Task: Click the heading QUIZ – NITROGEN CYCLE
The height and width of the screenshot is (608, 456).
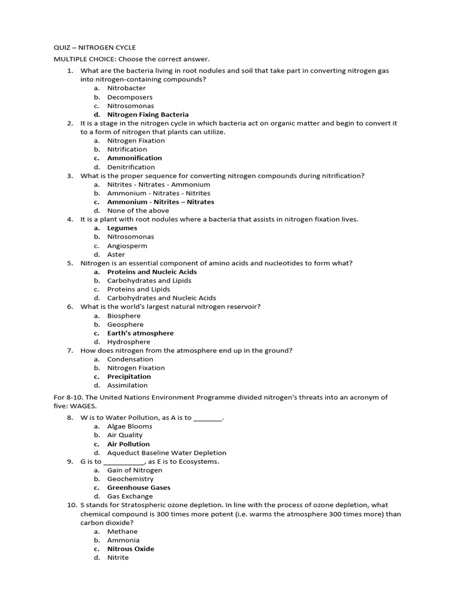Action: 94,47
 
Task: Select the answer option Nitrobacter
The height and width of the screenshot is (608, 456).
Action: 126,88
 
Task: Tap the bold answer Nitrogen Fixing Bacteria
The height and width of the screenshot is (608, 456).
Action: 148,115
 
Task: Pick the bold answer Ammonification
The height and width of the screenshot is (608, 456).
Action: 134,158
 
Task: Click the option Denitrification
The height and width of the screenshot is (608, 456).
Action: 131,167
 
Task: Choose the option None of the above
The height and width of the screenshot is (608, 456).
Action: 138,210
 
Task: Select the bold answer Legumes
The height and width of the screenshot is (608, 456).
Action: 122,228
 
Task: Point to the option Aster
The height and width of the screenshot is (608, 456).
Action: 116,254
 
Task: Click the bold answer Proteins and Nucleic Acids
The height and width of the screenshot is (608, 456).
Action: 151,272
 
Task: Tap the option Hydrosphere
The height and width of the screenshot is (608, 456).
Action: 128,342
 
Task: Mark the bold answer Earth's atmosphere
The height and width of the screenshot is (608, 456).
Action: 140,333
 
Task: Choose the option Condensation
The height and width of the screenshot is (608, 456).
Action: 130,359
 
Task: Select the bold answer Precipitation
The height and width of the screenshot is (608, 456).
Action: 129,376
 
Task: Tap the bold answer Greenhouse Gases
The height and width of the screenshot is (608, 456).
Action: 138,487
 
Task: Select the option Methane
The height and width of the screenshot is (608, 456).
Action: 122,531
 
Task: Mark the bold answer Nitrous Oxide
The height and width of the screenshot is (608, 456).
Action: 131,549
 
